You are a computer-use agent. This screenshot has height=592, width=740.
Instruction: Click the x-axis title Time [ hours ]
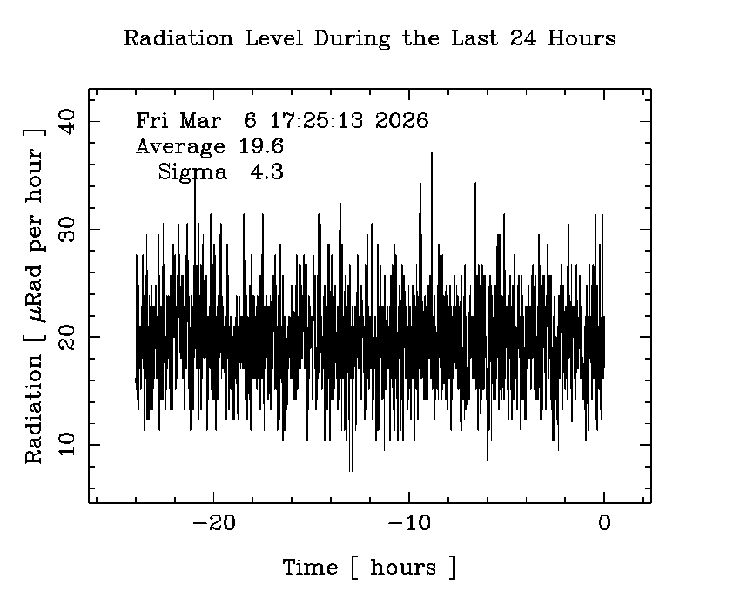click(369, 568)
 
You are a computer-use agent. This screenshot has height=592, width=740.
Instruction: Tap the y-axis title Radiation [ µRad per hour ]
click(34, 295)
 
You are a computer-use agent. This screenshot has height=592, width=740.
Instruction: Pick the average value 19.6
click(261, 146)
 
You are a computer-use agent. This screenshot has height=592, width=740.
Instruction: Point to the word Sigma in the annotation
click(192, 172)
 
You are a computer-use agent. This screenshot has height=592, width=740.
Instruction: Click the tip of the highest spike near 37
click(431, 153)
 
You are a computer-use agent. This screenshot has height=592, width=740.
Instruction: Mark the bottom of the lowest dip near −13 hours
click(351, 471)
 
